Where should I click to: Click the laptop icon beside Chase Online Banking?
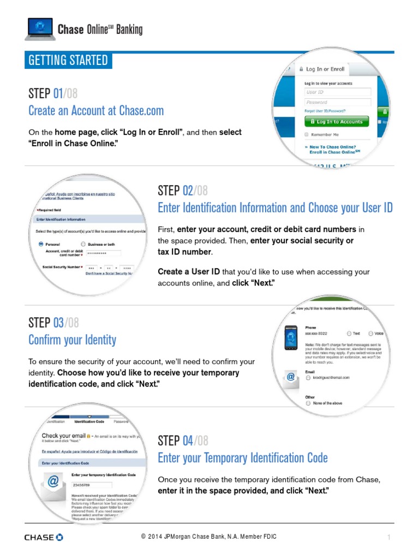click(x=40, y=29)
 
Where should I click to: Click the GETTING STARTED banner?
click(x=68, y=60)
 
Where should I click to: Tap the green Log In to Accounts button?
click(x=336, y=122)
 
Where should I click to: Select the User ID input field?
click(x=338, y=92)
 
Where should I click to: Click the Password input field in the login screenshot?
click(x=338, y=102)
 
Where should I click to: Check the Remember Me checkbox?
click(x=307, y=134)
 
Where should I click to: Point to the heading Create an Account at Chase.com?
click(x=96, y=111)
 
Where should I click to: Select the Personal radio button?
click(x=41, y=244)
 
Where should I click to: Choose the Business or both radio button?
click(x=83, y=244)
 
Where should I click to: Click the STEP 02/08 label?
click(x=183, y=191)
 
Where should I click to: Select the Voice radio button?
click(x=370, y=333)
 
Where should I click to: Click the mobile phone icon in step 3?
click(x=291, y=339)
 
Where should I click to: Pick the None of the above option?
click(x=308, y=403)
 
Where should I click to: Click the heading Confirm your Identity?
click(x=72, y=340)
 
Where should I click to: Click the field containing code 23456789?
click(x=91, y=484)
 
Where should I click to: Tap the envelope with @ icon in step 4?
click(x=53, y=483)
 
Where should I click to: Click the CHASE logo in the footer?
click(x=44, y=537)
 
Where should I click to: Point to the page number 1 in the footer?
click(x=389, y=538)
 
